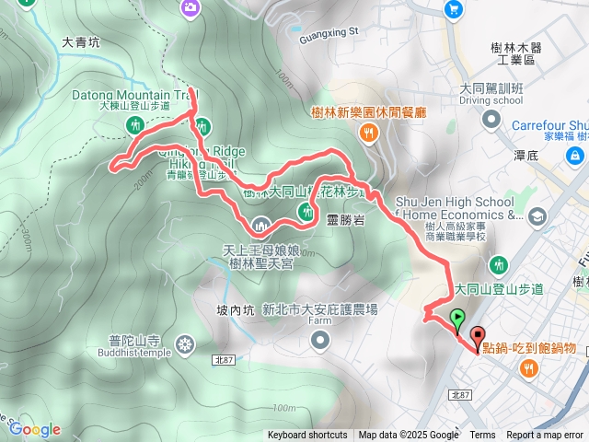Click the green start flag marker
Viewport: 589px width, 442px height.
point(457,320)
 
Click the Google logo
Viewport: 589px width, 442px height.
point(35,429)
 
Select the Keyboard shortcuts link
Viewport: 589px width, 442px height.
point(308,436)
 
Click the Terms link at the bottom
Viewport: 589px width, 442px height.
point(482,436)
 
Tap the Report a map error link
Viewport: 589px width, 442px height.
point(546,436)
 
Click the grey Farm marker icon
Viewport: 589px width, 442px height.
point(319,342)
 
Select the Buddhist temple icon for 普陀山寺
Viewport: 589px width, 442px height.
point(186,345)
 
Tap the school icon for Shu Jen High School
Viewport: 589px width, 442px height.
point(537,216)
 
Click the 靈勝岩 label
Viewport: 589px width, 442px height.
point(346,220)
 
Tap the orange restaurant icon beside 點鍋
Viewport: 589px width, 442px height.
point(527,369)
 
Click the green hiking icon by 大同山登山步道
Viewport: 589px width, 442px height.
point(500,265)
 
